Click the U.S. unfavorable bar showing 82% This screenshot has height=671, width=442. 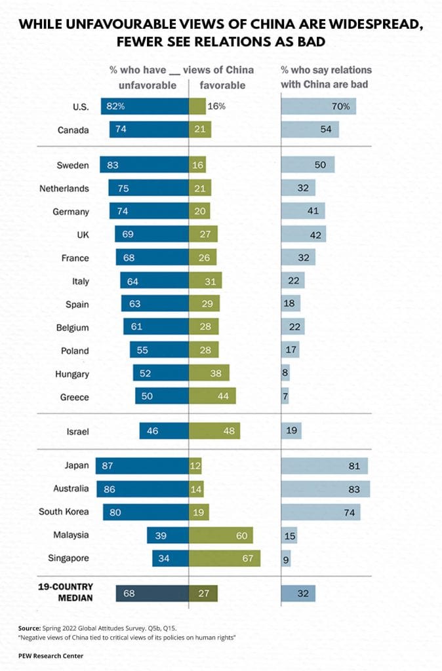144,107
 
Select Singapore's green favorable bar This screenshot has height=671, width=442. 224,558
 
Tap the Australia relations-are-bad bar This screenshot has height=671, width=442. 325,489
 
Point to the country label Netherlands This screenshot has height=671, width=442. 64,189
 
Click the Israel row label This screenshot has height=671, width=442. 79,431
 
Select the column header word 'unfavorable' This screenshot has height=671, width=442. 148,85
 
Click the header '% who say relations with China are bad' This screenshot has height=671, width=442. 325,77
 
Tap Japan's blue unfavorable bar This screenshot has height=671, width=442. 142,466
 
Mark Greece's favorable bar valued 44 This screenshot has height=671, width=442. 212,396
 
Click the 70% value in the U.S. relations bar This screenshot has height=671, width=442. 342,107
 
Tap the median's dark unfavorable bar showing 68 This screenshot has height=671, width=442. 152,594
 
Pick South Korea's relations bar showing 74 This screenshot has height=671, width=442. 321,512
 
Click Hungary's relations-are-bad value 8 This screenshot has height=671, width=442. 286,374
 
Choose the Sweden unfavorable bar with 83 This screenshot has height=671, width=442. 144,165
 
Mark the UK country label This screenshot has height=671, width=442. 81,235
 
